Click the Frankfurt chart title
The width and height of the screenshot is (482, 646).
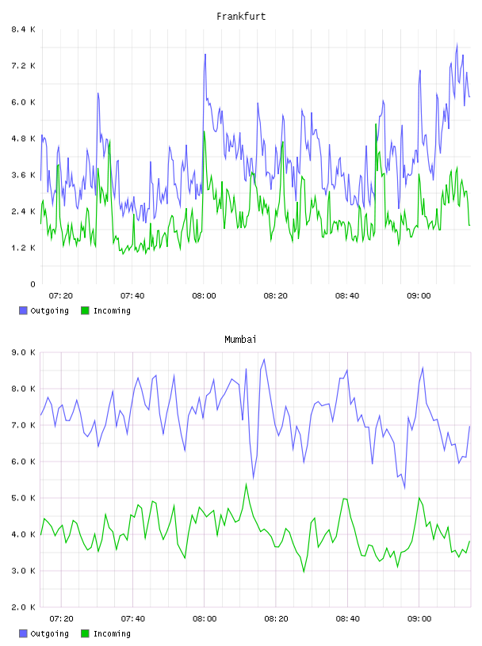tap(241, 17)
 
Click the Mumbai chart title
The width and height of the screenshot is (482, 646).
tap(240, 340)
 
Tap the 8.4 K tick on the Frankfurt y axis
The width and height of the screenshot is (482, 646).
tap(24, 29)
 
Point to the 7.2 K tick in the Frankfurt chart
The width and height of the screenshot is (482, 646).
tap(24, 66)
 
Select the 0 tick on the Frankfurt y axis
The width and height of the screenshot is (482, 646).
tap(33, 284)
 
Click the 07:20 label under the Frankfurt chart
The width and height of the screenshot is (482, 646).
tap(61, 296)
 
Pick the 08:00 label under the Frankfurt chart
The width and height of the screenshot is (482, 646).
tap(204, 296)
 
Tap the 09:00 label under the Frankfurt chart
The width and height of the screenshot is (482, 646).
tap(419, 296)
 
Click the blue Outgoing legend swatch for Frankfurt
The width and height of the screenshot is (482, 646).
tap(23, 310)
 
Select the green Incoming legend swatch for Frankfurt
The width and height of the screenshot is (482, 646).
tap(85, 310)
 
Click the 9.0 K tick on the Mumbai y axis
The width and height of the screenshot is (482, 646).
tap(24, 352)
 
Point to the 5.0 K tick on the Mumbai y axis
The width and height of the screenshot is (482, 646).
tap(24, 498)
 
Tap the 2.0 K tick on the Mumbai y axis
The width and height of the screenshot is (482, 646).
tap(24, 607)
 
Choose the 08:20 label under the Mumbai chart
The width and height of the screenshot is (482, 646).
tap(276, 619)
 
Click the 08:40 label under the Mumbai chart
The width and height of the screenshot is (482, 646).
tap(348, 619)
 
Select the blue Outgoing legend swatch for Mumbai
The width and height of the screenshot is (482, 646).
tap(23, 633)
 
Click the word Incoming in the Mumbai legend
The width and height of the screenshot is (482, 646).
tap(112, 633)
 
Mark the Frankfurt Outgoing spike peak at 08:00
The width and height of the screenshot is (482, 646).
tap(205, 55)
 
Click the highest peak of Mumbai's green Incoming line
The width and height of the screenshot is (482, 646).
tap(247, 484)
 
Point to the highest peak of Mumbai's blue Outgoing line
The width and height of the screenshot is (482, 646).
tap(264, 359)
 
